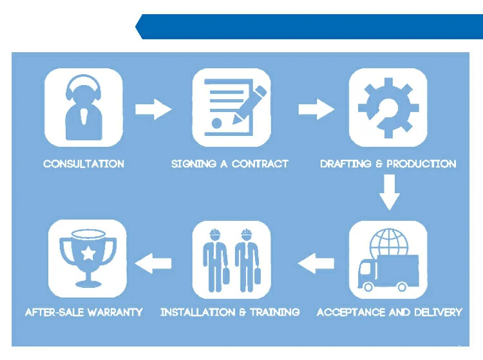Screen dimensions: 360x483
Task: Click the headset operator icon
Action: tap(83, 108)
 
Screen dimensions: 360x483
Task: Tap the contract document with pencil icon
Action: tap(231, 108)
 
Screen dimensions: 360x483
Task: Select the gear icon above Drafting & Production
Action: tap(388, 108)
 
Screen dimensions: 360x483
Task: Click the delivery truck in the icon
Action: tap(386, 272)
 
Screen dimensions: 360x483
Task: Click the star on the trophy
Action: tap(88, 253)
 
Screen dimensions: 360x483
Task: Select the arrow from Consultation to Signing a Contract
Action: tap(153, 109)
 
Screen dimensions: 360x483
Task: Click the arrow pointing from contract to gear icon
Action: tap(316, 109)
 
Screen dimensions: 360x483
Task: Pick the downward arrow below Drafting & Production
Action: tap(388, 192)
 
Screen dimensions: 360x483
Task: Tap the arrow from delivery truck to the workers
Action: tap(316, 261)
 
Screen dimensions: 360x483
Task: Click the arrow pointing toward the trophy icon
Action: tap(153, 261)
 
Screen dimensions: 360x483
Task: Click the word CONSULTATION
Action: tap(84, 164)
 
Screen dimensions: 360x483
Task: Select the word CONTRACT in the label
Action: tap(260, 164)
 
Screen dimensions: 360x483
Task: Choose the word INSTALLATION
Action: tap(197, 312)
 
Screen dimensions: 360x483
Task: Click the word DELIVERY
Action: tap(437, 312)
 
